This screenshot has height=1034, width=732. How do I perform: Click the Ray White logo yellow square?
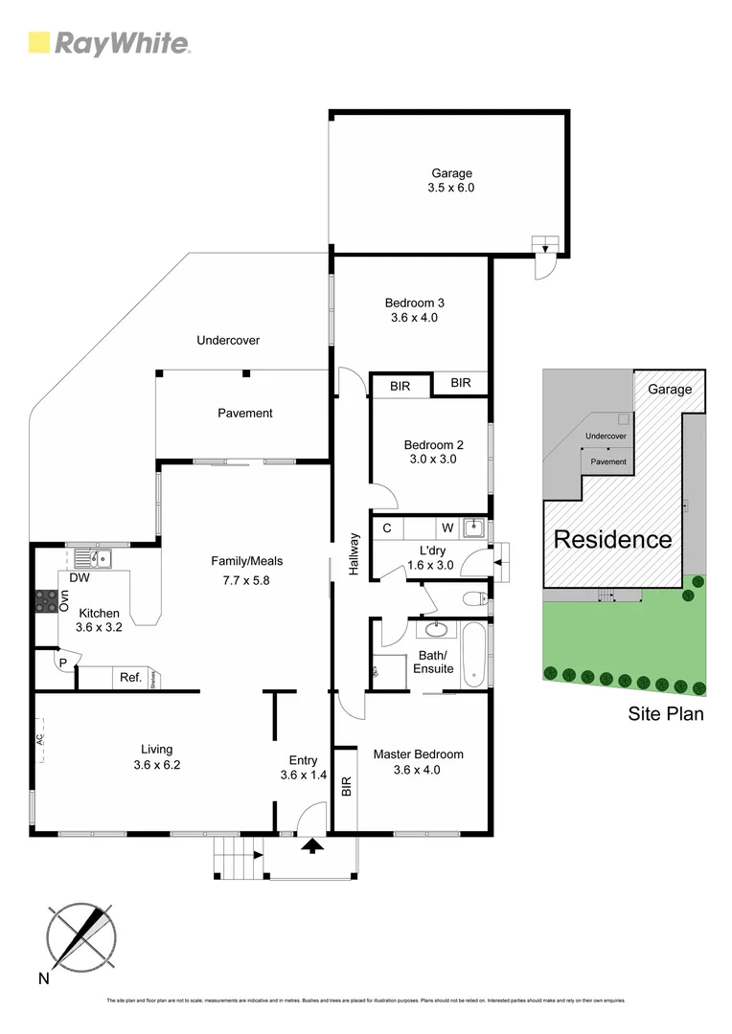click(x=39, y=42)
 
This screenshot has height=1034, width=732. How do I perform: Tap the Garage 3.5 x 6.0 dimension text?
click(x=451, y=189)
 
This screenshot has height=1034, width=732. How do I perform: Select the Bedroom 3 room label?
click(x=414, y=303)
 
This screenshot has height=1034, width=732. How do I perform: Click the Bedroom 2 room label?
click(x=433, y=444)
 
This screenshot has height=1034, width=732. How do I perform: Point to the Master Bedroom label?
click(x=418, y=754)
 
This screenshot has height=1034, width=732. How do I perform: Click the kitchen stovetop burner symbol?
click(x=46, y=600)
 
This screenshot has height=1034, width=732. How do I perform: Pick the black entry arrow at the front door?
click(x=311, y=844)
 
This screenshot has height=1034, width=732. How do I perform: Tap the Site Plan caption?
click(x=666, y=713)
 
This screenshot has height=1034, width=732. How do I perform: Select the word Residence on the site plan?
click(x=612, y=539)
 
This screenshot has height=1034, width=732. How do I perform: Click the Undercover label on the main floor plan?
click(x=228, y=340)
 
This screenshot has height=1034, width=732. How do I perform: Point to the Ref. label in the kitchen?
click(x=130, y=678)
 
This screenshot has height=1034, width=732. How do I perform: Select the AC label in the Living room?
click(x=41, y=740)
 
